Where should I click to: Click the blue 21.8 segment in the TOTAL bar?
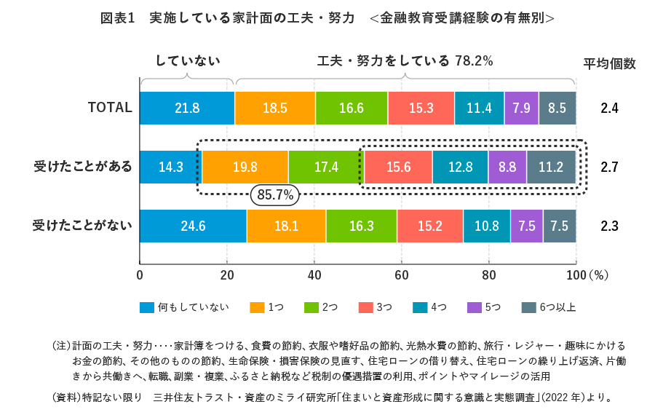point(187,108)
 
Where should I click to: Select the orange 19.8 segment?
point(245,167)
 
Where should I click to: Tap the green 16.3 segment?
point(361,226)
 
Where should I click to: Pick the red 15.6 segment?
point(398,167)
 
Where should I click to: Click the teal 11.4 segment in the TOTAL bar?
point(479,108)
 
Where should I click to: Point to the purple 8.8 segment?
point(507,167)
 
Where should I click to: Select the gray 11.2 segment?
point(551,167)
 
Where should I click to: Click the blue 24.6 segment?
point(193,226)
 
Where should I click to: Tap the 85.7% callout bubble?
point(275,194)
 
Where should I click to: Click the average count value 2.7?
point(609,167)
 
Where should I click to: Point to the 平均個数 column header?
point(609,63)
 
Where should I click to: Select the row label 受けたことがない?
point(83,226)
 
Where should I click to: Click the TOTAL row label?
point(110,108)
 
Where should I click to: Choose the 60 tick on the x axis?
point(402,275)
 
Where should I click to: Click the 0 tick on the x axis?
point(140,275)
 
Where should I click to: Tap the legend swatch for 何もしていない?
point(147,307)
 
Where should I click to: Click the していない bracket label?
point(187,61)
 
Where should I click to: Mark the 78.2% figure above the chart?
point(474,61)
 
